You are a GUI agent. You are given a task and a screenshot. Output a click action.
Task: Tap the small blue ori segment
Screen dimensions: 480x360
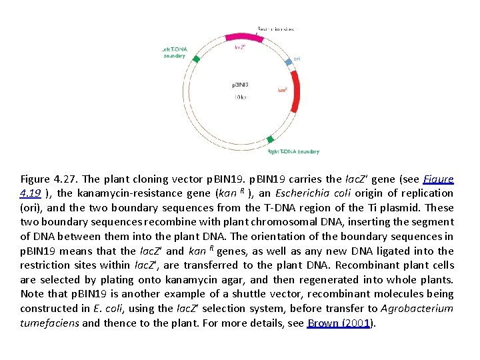coord(288,61)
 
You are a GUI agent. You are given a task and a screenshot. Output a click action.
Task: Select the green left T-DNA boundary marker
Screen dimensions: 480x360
coord(196,59)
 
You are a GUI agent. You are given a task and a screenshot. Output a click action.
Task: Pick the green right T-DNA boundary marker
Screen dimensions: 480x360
coord(269,139)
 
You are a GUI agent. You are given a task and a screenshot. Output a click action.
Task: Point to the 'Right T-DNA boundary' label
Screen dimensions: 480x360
coord(293,151)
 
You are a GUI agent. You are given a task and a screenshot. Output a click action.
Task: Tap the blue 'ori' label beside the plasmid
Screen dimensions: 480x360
coord(297,59)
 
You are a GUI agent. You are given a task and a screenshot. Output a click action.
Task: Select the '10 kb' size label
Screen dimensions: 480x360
coord(240,97)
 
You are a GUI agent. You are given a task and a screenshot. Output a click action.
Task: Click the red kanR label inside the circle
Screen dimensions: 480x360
coord(282,89)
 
